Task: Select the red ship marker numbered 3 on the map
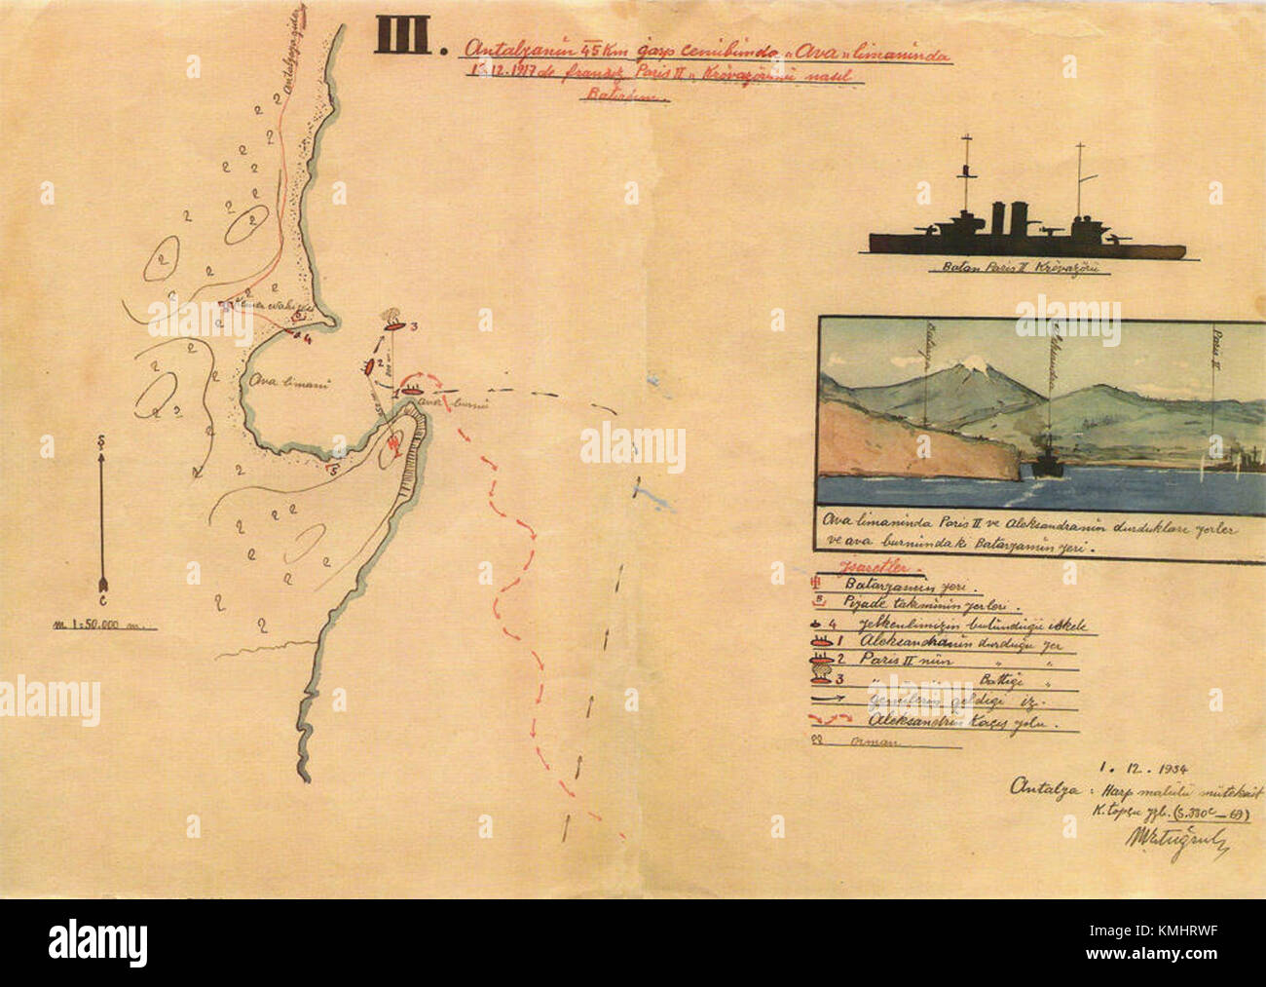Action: click(392, 327)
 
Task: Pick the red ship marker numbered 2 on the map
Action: click(369, 366)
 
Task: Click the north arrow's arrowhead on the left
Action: click(103, 444)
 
